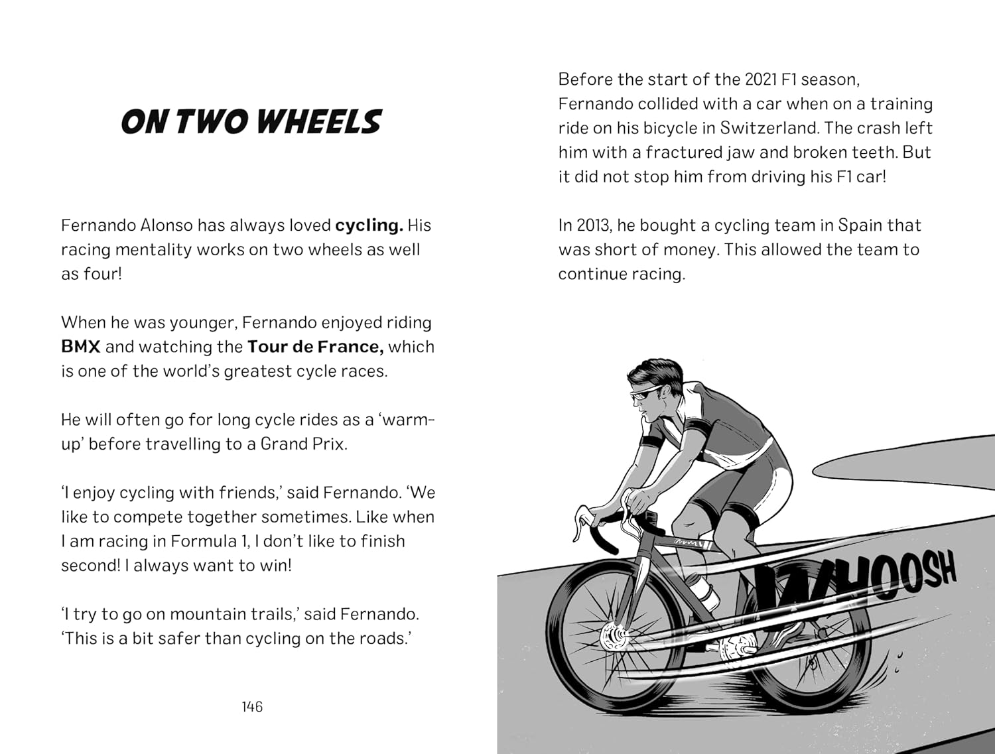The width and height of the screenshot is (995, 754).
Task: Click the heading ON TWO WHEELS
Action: [x=251, y=123]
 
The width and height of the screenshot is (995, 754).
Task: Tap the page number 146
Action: [x=252, y=707]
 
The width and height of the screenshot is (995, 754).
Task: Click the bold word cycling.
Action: [x=369, y=225]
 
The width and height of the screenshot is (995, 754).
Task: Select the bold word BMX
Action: [x=80, y=347]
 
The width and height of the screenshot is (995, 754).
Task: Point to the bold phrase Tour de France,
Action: [x=315, y=347]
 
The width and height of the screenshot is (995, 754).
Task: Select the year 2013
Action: [x=592, y=225]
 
